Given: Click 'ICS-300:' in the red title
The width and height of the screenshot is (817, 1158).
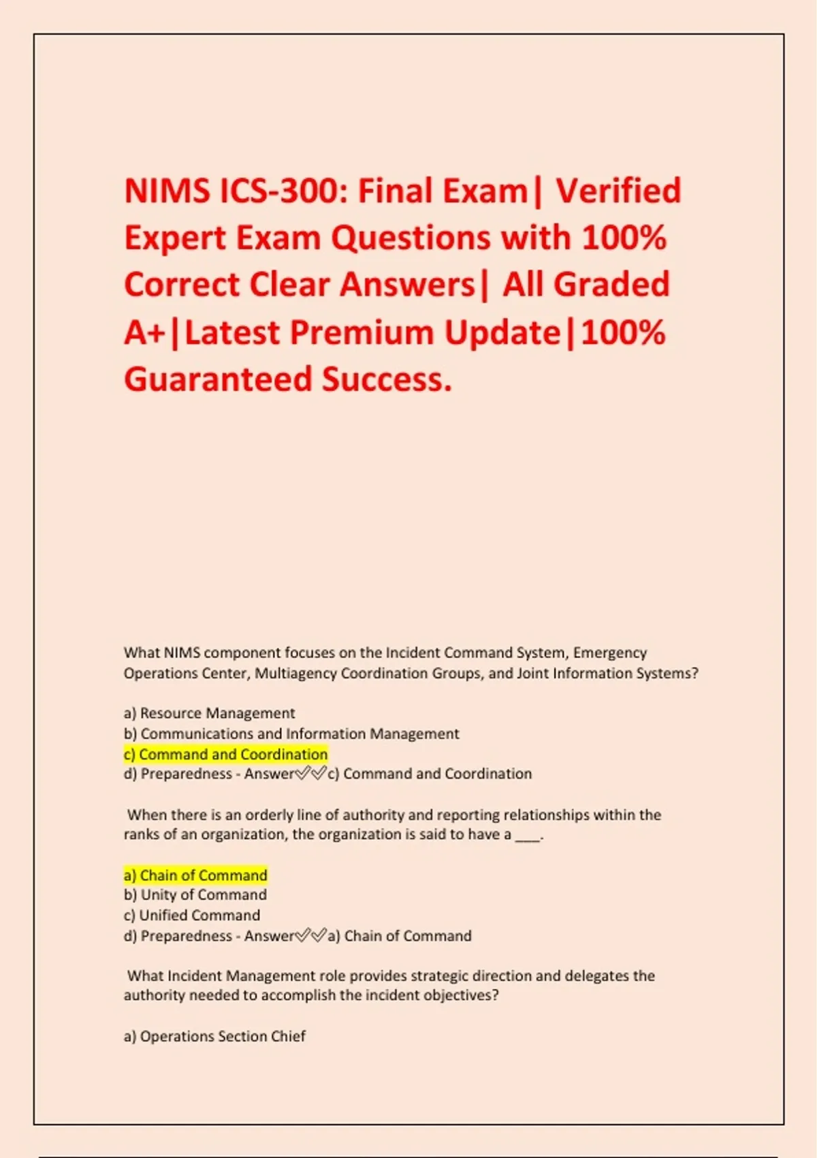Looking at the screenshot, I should [283, 191].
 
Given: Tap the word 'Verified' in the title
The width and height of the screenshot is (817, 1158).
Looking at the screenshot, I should [618, 191].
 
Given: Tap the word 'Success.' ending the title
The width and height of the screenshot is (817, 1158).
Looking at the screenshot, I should [387, 379].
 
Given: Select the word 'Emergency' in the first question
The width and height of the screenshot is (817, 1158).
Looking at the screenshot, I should [609, 653].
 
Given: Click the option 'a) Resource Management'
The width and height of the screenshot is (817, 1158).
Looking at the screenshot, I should [209, 713].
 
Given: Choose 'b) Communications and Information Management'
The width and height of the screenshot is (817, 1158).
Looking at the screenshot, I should [291, 734].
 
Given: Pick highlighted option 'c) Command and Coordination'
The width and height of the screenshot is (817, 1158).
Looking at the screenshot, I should [225, 754].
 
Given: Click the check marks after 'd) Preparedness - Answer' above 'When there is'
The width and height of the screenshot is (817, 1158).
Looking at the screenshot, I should [310, 774].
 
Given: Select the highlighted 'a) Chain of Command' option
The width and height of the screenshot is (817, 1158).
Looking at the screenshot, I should [195, 875].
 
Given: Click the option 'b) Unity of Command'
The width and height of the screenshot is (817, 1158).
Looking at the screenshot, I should [195, 895].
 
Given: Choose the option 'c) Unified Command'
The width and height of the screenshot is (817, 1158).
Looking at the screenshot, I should [192, 916].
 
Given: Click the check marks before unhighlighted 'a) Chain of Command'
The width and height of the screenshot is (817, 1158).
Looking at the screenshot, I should [310, 936].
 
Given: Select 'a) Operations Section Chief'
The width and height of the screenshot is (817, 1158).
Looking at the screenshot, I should [214, 1036].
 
